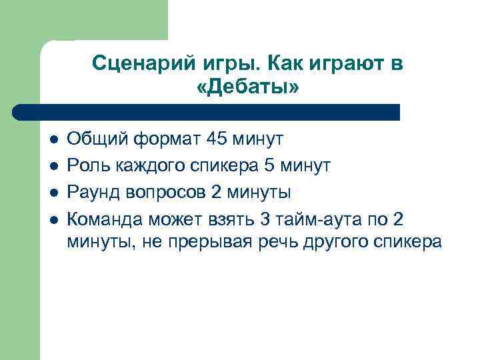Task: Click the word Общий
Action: (x=96, y=139)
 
